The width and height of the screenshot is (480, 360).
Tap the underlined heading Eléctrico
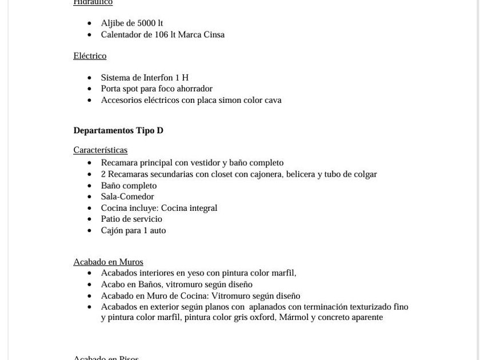[90, 56]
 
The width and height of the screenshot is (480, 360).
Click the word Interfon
[158, 78]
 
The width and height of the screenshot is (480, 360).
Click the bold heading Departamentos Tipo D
[118, 130]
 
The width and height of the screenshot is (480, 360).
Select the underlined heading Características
[100, 150]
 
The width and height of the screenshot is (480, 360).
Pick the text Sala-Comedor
[127, 197]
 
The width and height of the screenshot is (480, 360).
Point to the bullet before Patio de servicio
[89, 219]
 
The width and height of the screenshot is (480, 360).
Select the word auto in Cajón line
[158, 230]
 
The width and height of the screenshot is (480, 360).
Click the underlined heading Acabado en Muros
[108, 262]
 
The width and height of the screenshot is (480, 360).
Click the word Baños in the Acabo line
[149, 285]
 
